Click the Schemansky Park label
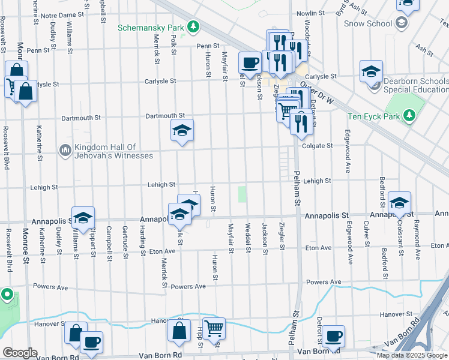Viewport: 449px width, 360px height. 151,27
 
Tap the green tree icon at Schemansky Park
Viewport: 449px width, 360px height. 193,26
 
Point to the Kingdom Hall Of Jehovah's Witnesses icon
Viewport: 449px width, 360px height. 65,148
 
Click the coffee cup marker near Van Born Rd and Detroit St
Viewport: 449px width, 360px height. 333,337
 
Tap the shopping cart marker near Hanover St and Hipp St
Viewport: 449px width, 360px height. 214,328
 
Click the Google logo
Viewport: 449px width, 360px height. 20,352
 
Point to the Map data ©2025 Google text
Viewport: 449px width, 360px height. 412,355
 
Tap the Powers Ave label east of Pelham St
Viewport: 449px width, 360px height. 324,282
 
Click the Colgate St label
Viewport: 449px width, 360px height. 317,146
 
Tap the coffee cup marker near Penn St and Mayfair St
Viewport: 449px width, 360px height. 250,61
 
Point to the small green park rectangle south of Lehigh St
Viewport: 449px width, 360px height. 243,194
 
